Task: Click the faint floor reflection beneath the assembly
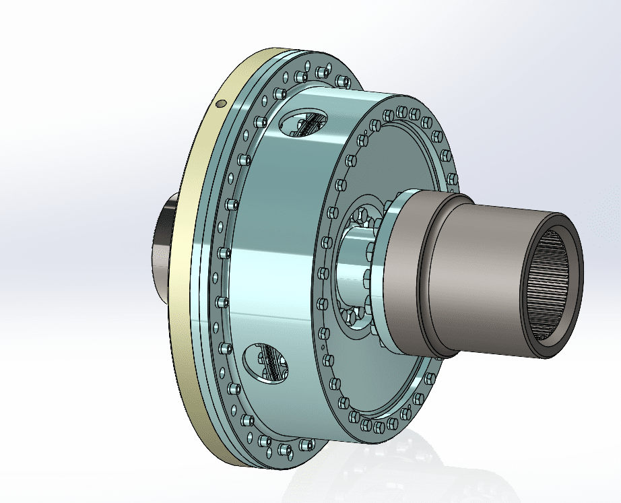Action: coord(377,471)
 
